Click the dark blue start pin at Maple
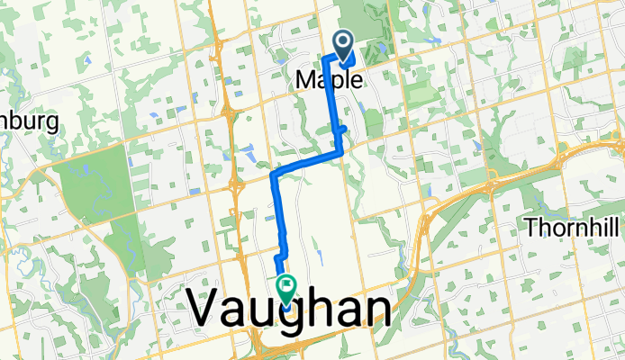click(x=344, y=42)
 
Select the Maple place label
click(x=330, y=80)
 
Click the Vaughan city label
click(x=290, y=312)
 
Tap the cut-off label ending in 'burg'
click(x=29, y=121)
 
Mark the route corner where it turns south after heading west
click(x=274, y=171)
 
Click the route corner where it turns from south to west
click(x=340, y=154)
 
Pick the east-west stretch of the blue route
click(x=306, y=162)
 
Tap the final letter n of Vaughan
click(x=376, y=312)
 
